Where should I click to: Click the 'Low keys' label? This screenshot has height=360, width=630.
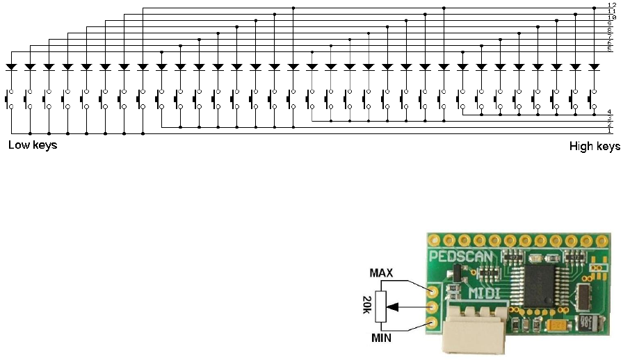[32, 145]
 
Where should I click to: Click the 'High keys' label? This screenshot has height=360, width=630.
[595, 146]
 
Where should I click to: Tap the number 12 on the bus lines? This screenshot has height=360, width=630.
[611, 6]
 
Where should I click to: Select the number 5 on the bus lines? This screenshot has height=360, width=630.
[609, 49]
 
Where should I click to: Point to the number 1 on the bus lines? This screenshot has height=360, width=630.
[609, 131]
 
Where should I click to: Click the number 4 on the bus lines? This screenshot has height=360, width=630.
[609, 112]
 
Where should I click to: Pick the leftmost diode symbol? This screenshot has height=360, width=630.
[11, 67]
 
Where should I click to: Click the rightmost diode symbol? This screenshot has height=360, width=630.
[594, 67]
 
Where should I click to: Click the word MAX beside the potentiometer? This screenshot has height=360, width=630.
[382, 273]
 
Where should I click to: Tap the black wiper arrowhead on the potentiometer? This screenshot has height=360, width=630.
[395, 306]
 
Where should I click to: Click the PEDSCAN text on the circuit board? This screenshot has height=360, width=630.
[462, 256]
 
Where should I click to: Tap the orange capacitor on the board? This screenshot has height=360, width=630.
[556, 325]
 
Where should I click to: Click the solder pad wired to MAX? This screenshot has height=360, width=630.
[434, 291]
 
